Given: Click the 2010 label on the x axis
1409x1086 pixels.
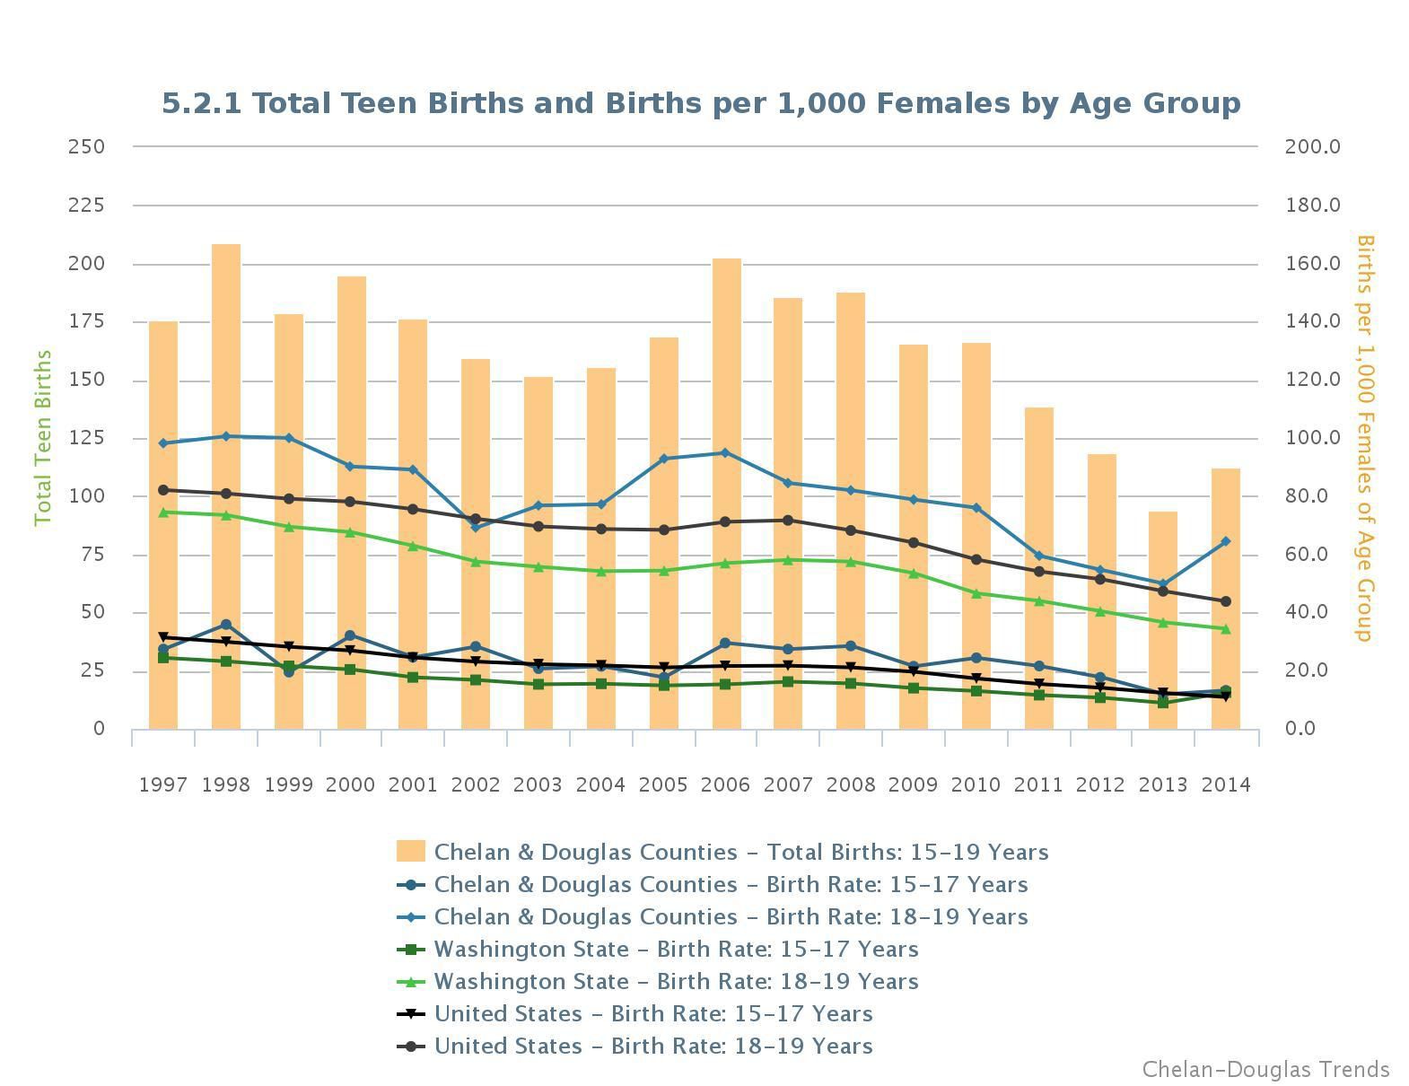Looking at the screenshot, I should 976,784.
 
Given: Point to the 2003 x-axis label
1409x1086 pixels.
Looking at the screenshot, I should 538,784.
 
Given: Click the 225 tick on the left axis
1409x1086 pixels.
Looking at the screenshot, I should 86,206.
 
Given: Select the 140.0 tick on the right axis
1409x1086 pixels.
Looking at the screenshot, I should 1313,321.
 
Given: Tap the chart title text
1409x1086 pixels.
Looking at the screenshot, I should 701,103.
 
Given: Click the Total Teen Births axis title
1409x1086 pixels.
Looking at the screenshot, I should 43,438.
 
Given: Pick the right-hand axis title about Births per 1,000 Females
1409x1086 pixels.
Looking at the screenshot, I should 1365,438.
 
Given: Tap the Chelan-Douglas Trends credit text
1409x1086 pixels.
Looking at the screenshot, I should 1265,1070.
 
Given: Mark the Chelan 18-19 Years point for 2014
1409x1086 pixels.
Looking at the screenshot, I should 1226,541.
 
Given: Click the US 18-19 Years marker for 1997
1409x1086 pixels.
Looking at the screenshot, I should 163,490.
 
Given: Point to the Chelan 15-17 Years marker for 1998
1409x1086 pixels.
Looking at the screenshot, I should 226,625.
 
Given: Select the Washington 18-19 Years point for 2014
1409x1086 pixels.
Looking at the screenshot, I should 1226,629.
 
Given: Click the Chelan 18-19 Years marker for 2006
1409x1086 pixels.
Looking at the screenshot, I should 726,452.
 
